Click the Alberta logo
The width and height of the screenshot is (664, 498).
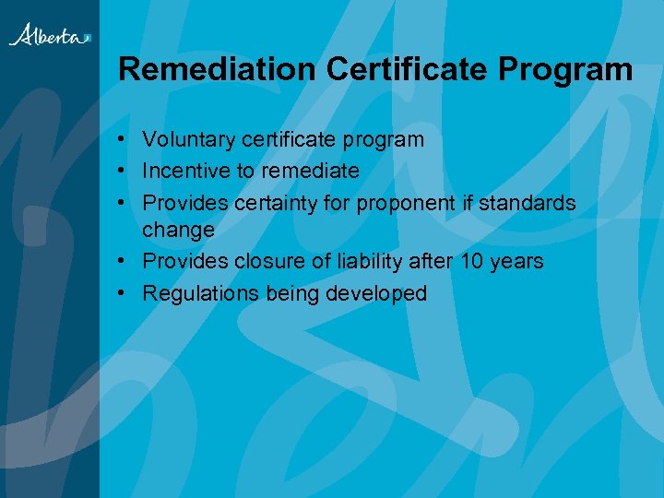tap(50, 35)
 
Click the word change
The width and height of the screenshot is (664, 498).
tap(178, 230)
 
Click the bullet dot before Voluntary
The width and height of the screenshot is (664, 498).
tap(123, 140)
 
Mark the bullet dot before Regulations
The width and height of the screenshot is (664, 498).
tap(123, 293)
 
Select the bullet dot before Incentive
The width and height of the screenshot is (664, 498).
tap(123, 171)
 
